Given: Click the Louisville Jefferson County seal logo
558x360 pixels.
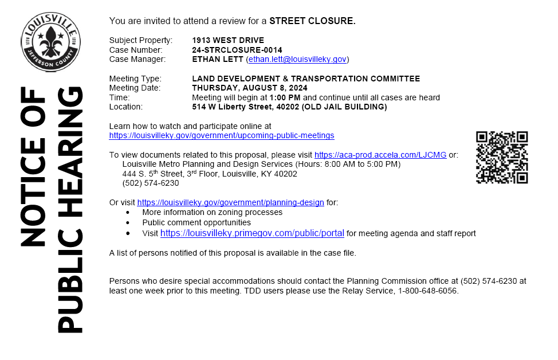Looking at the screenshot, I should coord(50,39).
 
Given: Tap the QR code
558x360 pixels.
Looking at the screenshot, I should coord(501,157).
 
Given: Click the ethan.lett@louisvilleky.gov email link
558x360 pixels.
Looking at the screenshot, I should coord(297,59).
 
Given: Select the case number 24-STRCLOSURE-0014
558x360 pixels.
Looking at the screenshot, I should coord(237,50).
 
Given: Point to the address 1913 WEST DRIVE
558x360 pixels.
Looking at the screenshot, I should coord(228,40).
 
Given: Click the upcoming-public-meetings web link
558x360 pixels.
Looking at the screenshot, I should coord(222,136).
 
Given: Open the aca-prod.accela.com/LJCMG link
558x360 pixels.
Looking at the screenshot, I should coord(380,155).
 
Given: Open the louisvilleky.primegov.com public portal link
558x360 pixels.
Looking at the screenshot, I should coord(252,233).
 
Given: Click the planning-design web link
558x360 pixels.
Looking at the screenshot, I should coord(230,202).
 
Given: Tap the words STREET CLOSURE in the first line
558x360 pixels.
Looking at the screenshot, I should coord(312,21).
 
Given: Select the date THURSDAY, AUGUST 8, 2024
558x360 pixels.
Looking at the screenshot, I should coord(250,88).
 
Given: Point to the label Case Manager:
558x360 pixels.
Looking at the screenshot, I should coord(137,59).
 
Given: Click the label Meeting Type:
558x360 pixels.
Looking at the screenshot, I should coord(135,79).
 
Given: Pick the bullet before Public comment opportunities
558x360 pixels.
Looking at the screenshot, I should coord(128,222).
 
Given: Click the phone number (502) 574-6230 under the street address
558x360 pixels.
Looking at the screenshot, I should coord(151,183).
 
